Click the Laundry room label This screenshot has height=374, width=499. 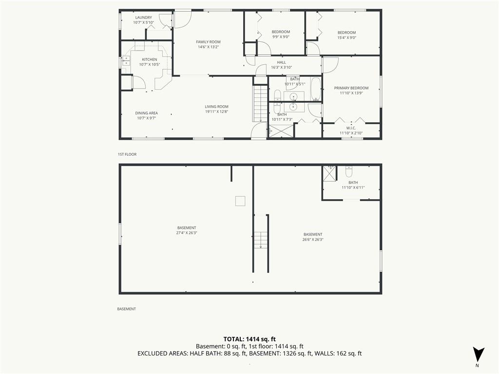tap(144, 18)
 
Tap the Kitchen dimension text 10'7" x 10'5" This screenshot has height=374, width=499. tap(149, 65)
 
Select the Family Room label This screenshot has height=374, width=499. tap(208, 42)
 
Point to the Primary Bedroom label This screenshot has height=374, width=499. tap(351, 88)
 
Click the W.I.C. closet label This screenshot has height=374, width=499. tap(351, 128)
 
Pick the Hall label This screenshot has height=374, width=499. tap(281, 63)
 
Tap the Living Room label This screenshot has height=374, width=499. tap(216, 107)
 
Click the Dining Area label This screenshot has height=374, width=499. tap(146, 113)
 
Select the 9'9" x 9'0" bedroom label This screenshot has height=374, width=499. tap(281, 35)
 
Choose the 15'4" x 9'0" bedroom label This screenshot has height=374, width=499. tap(346, 35)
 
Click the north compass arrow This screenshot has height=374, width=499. tap(479, 355)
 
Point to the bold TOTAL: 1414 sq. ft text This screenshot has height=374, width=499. tap(249, 339)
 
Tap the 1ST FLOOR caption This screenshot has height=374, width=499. tap(127, 154)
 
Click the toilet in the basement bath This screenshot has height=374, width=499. tap(349, 171)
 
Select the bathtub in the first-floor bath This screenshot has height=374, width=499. tap(316, 90)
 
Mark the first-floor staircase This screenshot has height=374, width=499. tap(260, 103)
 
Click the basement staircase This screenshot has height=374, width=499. tap(261, 240)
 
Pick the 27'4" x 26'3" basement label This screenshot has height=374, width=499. tap(187, 230)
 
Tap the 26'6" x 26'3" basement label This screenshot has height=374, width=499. tap(313, 237)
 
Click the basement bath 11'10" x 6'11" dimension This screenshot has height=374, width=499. tap(353, 187)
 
